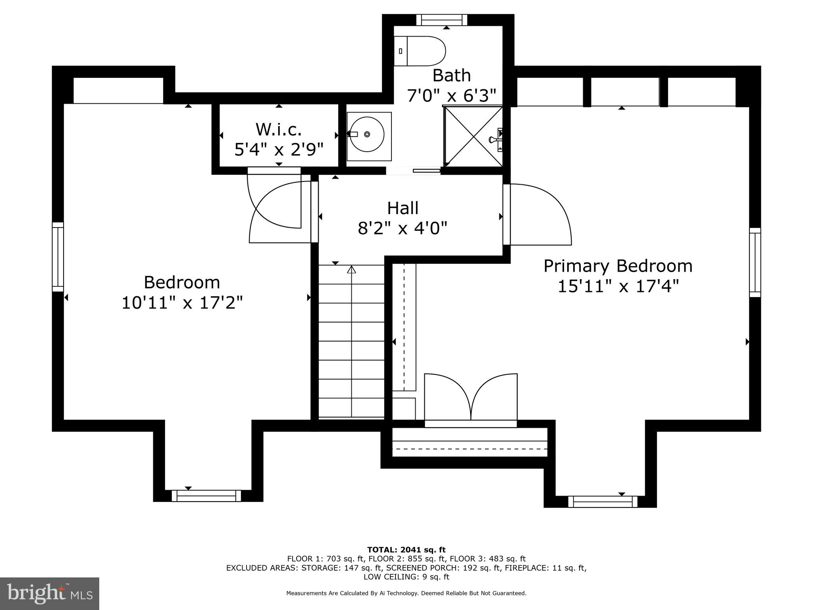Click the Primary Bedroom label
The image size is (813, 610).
click(x=618, y=266)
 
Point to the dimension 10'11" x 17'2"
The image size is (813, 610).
click(x=182, y=303)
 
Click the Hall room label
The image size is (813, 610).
click(x=403, y=208)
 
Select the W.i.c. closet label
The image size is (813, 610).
click(x=279, y=129)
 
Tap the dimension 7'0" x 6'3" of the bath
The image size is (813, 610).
click(x=451, y=96)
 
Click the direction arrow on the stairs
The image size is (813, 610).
click(x=351, y=270)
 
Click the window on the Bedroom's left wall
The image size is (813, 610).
click(x=58, y=257)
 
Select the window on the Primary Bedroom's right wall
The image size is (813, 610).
click(x=755, y=263)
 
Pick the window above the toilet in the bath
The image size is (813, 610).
click(x=441, y=20)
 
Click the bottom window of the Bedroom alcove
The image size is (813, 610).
click(x=206, y=496)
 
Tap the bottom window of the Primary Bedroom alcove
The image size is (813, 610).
click(x=603, y=502)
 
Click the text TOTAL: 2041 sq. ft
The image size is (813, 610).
click(x=406, y=550)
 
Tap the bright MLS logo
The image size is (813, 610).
click(x=50, y=593)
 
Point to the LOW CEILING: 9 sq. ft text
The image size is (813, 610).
click(x=406, y=577)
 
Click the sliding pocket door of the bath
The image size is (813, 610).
click(x=426, y=171)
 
